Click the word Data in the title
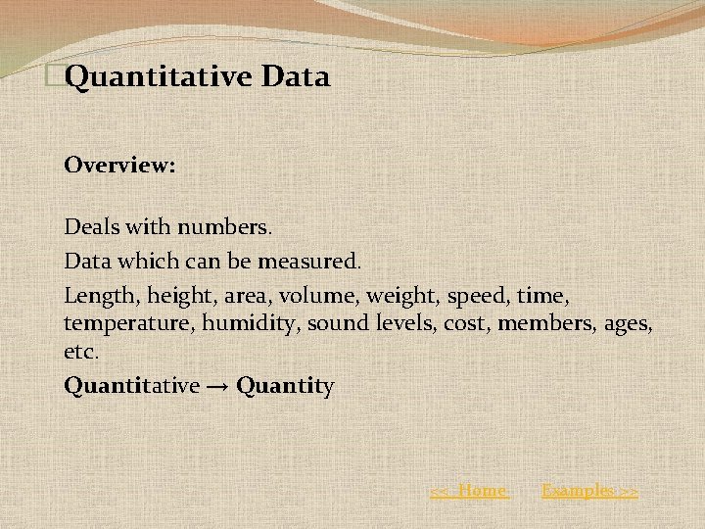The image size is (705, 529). coord(296,76)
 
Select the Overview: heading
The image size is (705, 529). coord(119,165)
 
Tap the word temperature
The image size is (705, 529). coord(129,323)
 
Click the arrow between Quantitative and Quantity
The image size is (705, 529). coord(217,387)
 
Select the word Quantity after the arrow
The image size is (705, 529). coord(285,387)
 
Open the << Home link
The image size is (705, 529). coord(470,491)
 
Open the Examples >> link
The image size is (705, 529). coord(589,491)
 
